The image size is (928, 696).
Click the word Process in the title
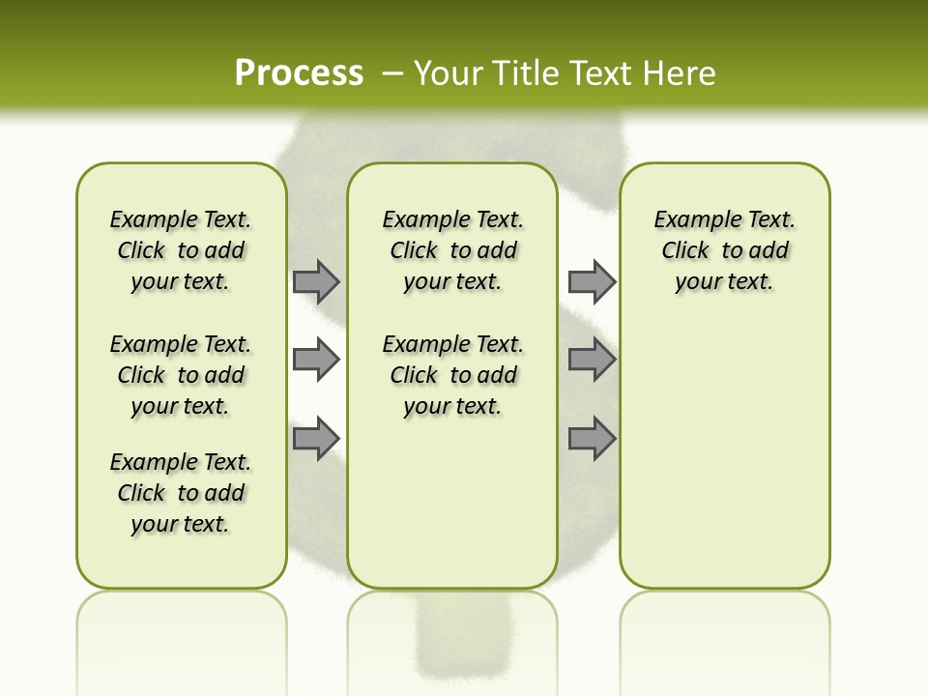(299, 73)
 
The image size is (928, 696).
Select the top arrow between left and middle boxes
(315, 281)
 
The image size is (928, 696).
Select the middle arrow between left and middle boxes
(315, 360)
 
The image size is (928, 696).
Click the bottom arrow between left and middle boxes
(315, 439)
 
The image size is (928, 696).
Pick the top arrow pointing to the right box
(591, 281)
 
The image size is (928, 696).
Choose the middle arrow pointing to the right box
(591, 360)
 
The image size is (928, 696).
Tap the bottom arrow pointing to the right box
(591, 439)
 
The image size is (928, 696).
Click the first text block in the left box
(181, 250)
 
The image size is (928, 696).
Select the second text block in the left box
(181, 375)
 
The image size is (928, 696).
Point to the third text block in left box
(181, 493)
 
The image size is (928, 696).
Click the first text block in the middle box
(452, 250)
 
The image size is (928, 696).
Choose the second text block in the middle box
(452, 375)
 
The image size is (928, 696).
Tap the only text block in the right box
(724, 250)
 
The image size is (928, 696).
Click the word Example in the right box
(688, 220)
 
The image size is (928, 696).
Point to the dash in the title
(392, 73)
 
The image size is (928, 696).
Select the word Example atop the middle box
(417, 220)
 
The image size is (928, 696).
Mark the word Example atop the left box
(145, 220)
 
